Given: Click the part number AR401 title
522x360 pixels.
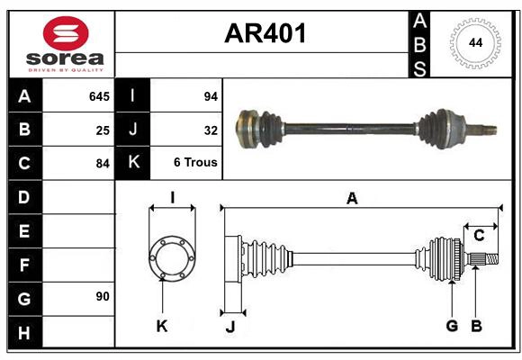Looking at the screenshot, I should click(x=265, y=34).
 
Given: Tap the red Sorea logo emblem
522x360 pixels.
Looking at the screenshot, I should click(x=65, y=34).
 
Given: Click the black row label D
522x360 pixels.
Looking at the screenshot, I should click(x=24, y=197).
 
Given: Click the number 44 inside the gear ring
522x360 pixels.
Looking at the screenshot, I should click(x=472, y=42).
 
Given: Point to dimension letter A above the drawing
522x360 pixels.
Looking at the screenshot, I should click(x=352, y=199).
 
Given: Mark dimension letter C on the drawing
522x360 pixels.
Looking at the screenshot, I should click(x=479, y=235).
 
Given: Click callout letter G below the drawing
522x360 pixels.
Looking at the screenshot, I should click(x=452, y=325).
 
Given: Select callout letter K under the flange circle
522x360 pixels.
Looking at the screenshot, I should click(x=162, y=326).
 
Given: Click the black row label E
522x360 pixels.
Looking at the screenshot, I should click(x=24, y=231).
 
